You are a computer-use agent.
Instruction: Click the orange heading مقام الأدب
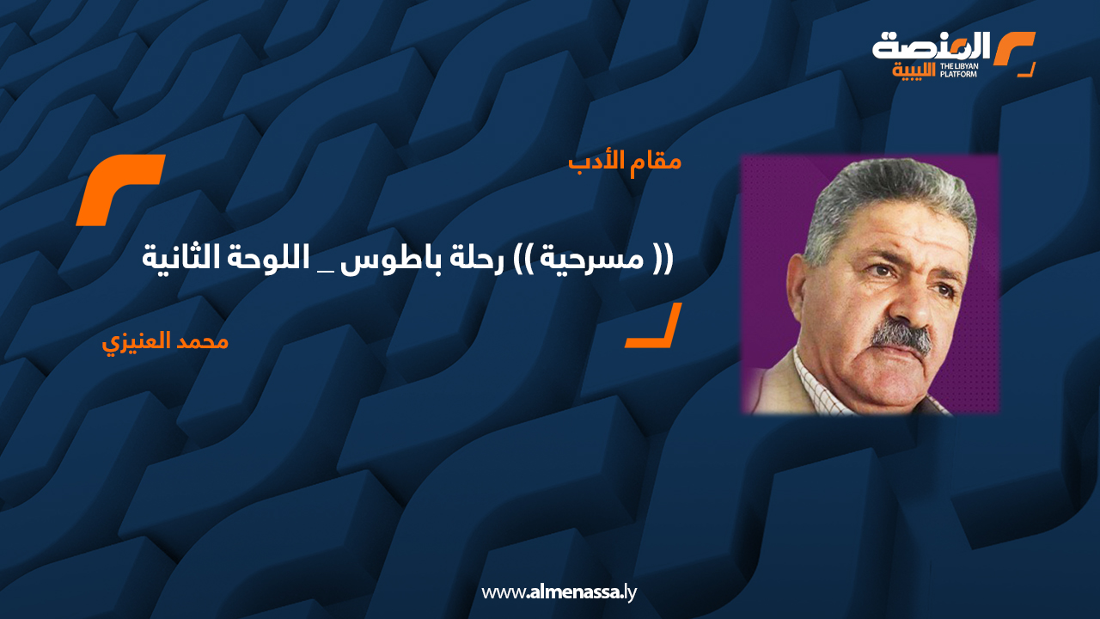(x=625, y=161)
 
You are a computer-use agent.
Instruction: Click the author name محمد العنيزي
(x=165, y=341)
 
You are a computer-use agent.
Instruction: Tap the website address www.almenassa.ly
(x=559, y=592)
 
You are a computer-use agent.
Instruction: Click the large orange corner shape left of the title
(x=120, y=189)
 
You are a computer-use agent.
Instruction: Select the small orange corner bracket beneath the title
(x=654, y=327)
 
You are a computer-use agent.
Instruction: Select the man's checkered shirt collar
(x=816, y=378)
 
